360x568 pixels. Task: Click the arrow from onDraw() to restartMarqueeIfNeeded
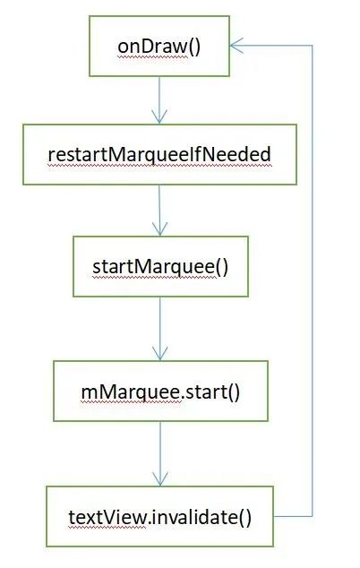(159, 100)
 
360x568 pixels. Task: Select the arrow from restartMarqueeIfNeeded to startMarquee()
(159, 211)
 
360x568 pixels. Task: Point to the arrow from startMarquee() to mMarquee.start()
(160, 329)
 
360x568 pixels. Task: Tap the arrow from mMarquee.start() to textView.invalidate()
(160, 453)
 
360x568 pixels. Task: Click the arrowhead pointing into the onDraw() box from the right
(236, 46)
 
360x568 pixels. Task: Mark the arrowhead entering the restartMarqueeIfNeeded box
(159, 117)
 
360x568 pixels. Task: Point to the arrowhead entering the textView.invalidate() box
(160, 479)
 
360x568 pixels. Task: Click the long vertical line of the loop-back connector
(312, 280)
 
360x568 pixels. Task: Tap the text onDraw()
(159, 47)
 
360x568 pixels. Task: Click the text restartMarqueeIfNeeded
(159, 155)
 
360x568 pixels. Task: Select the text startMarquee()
(160, 267)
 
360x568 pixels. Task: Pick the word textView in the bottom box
(107, 517)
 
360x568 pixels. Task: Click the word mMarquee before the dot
(131, 392)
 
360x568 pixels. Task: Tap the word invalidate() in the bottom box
(200, 517)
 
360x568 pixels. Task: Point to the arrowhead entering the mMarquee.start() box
(160, 353)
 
